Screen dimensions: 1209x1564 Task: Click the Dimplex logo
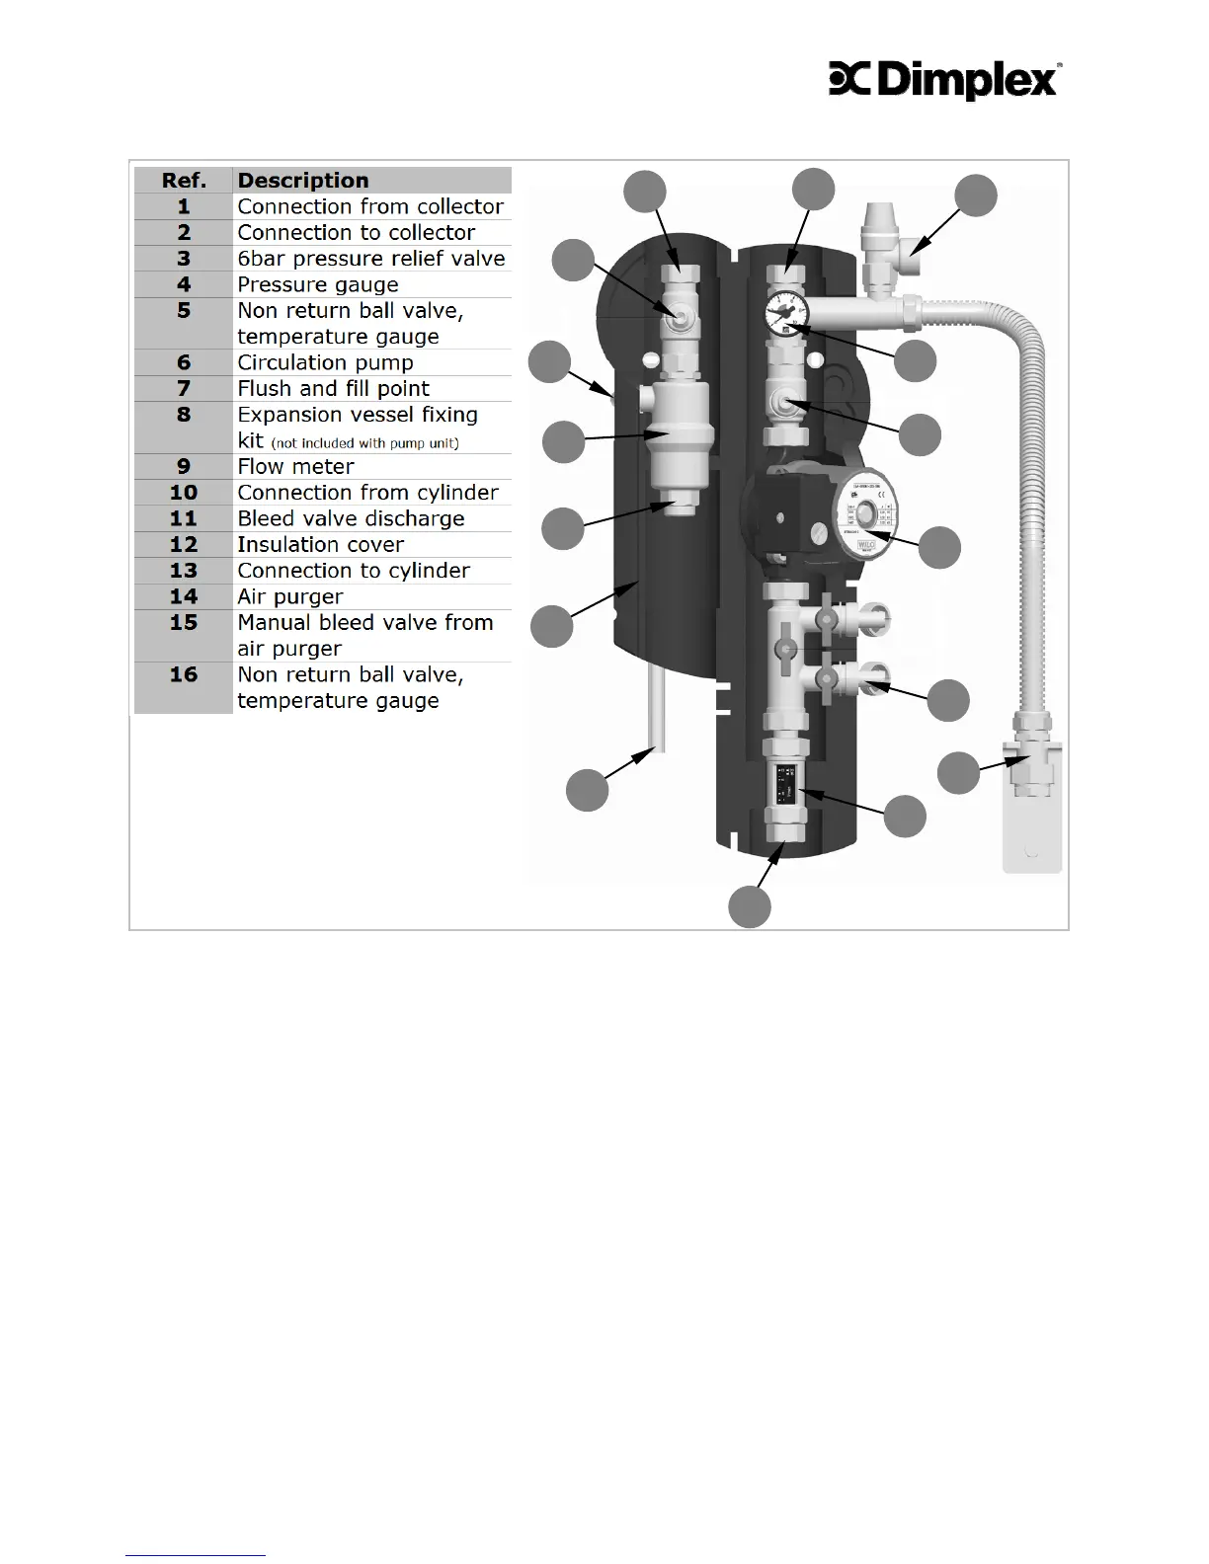[944, 81]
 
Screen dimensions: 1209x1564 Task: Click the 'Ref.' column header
[184, 181]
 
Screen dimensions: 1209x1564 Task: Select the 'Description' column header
[303, 181]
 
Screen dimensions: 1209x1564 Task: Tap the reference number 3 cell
[184, 259]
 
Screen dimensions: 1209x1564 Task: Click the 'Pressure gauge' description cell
[318, 284]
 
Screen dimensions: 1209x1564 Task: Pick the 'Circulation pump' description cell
[325, 362]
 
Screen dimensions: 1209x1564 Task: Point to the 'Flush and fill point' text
[333, 388]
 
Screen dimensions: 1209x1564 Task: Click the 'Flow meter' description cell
[295, 466]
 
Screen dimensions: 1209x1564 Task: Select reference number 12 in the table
[184, 544]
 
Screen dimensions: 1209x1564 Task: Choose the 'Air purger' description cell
[290, 596]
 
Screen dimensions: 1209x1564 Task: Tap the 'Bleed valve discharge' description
[351, 518]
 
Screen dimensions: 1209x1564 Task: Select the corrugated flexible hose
[1027, 494]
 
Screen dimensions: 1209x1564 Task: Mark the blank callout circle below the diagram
[750, 907]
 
